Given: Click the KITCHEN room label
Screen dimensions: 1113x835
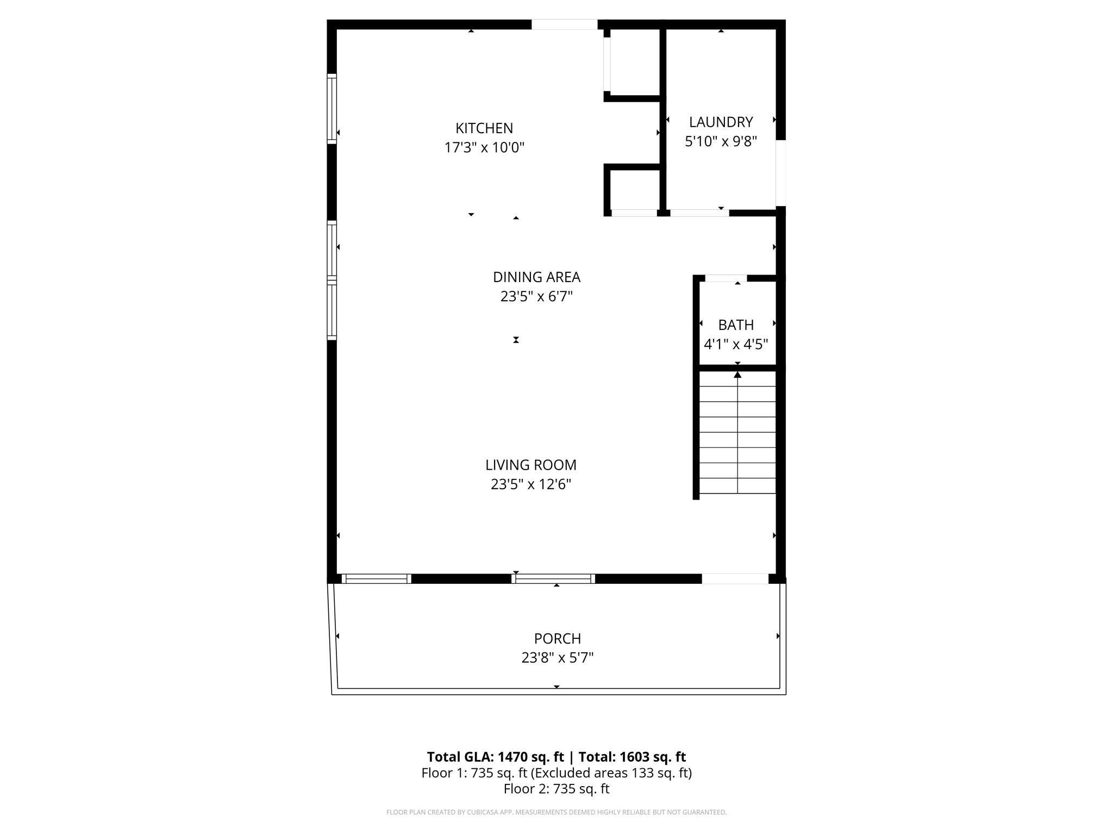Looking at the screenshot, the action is coord(484,128).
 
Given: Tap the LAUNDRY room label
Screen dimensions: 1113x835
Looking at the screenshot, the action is coord(721,122).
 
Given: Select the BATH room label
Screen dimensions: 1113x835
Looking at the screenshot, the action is coord(736,325).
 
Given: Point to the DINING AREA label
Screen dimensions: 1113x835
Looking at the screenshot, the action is coord(536,277).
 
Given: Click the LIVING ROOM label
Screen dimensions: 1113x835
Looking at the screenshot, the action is coord(530,465).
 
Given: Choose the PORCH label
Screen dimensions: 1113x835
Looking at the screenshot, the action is coord(557,638).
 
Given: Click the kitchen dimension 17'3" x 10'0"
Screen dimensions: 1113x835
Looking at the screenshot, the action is coord(484,147).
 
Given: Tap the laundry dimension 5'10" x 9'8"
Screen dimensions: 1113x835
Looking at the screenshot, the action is coord(721,141).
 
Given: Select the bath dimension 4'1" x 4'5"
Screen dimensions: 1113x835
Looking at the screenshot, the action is coord(736,344).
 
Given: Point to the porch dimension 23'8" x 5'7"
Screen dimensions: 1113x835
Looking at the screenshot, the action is coord(557,658).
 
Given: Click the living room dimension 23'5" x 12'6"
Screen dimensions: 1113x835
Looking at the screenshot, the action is coord(530,484).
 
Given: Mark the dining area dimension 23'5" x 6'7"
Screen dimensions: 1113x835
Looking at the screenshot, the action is coord(536,297).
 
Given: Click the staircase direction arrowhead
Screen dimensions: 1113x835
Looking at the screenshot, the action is coord(737,375).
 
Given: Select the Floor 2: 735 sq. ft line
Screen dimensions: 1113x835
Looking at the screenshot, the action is coord(556,789).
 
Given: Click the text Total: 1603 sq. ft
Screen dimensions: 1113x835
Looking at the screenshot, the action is coord(632,757).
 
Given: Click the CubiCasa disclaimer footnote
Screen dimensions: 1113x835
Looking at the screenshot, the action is coord(556,812).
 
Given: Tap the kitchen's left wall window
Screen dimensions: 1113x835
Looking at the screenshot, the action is coord(332,109).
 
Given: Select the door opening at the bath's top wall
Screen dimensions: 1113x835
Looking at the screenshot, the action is coord(726,278).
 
